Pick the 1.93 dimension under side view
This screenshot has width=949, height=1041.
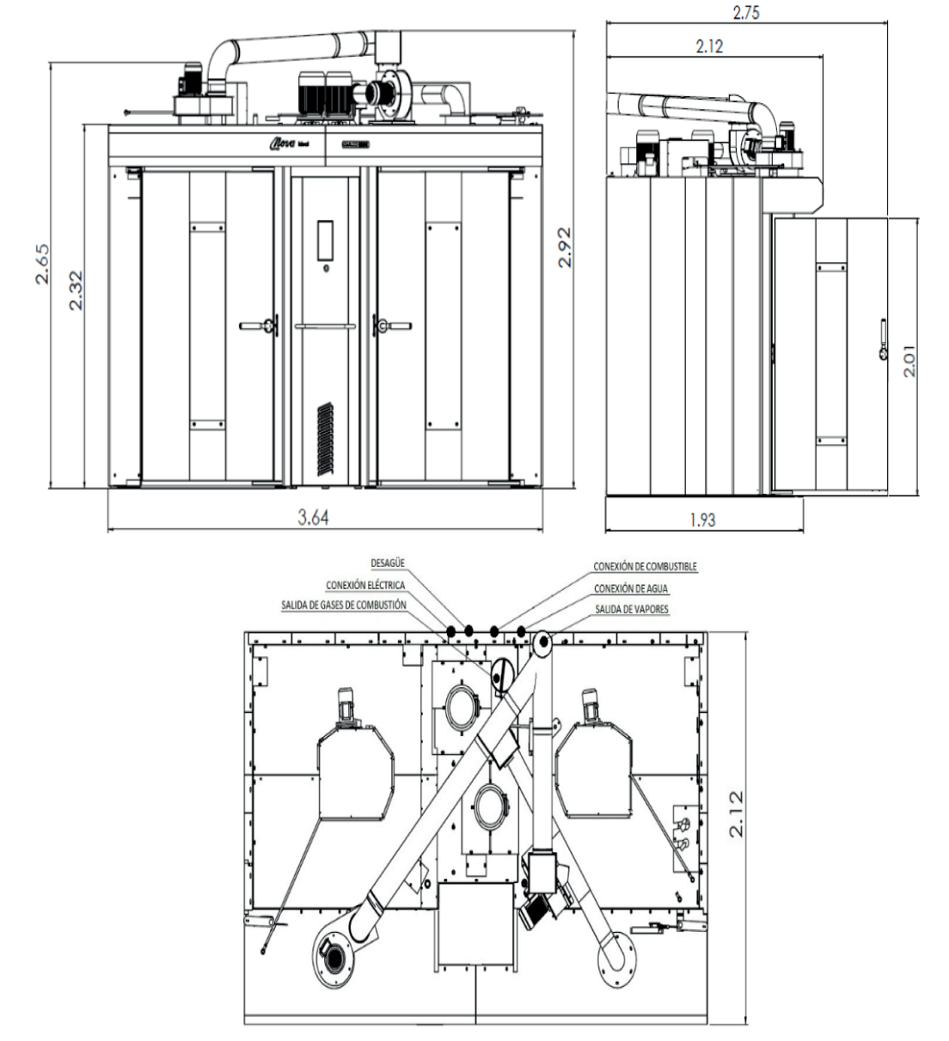pos(702,519)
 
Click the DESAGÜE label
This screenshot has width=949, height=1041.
pos(388,563)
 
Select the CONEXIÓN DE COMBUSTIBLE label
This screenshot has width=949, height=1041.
pos(645,567)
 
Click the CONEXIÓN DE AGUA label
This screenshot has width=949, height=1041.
pos(632,588)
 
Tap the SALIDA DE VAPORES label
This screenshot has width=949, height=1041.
pos(632,609)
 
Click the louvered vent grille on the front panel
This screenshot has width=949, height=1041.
pos(325,437)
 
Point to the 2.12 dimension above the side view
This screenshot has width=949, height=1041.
pos(709,46)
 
